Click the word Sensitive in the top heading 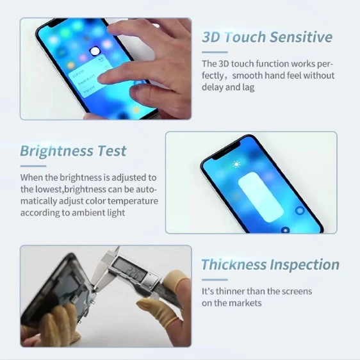301,37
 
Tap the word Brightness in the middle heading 56,152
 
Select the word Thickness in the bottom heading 234,265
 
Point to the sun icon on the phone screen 236,164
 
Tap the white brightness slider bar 261,197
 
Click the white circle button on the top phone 95,51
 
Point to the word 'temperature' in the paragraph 133,201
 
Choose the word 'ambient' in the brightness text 88,213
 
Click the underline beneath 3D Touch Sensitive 215,53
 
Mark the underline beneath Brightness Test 33,166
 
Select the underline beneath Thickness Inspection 215,280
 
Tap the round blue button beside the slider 300,210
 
